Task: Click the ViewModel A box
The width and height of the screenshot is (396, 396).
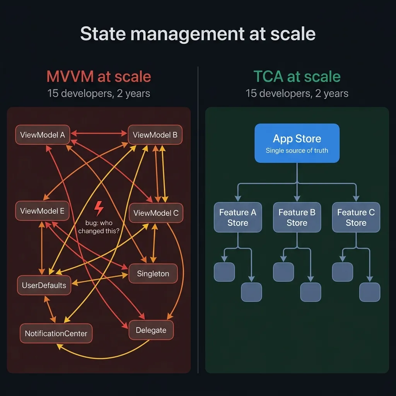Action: (43, 135)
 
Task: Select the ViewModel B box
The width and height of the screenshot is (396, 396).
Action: (155, 135)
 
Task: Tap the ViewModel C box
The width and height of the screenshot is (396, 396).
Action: (156, 213)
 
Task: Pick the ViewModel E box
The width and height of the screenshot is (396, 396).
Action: (42, 211)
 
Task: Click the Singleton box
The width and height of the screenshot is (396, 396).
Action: (153, 273)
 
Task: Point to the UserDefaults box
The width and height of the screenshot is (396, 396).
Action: (44, 285)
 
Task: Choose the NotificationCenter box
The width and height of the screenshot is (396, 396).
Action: (56, 333)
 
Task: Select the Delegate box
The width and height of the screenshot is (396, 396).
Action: (151, 330)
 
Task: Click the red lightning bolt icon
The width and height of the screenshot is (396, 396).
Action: (99, 208)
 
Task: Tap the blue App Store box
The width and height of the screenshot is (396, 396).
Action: (297, 143)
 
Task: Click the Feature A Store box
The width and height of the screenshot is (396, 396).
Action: (237, 217)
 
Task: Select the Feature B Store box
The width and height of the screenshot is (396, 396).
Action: (297, 217)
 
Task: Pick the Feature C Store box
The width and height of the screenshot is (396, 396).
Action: (356, 217)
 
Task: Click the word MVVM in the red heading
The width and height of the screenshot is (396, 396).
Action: (70, 77)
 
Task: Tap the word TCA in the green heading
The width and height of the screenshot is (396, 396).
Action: (268, 77)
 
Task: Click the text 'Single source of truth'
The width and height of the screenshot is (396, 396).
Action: (297, 150)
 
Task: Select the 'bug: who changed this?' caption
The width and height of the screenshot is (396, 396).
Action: (99, 227)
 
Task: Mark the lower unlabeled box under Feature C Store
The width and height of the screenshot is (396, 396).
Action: (369, 292)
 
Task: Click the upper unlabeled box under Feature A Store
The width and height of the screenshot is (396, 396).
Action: (224, 272)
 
